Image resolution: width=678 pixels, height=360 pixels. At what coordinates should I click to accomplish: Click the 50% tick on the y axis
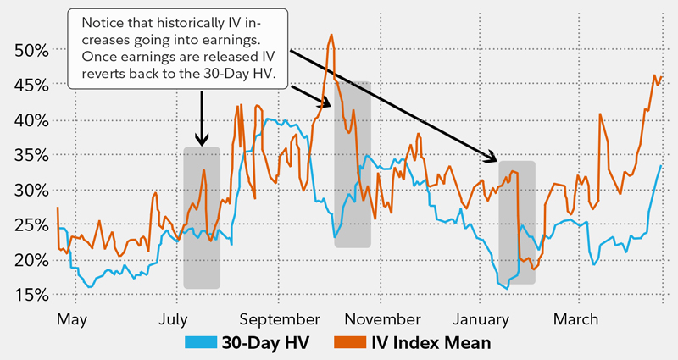coord(29,50)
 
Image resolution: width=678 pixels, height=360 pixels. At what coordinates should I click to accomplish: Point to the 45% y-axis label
coord(29,85)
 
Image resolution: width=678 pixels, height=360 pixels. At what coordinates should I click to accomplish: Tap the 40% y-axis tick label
coord(29,120)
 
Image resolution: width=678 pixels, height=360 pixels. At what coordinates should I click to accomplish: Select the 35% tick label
coord(29,155)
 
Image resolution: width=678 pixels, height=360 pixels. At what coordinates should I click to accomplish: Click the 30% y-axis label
coord(29,190)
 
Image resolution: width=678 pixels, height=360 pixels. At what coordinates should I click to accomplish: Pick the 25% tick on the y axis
coord(29,224)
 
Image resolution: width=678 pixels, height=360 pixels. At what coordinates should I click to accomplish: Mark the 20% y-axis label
coord(29,260)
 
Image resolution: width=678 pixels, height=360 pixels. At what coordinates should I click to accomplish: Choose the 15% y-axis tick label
coord(29,295)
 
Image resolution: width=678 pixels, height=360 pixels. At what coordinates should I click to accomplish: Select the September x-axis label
coord(279,320)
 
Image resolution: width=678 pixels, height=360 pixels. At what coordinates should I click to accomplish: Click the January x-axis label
coord(480,320)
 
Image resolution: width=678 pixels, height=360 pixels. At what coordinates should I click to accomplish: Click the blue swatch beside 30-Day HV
coord(201,343)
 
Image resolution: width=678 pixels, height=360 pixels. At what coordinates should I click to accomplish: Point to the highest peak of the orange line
coord(331,36)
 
